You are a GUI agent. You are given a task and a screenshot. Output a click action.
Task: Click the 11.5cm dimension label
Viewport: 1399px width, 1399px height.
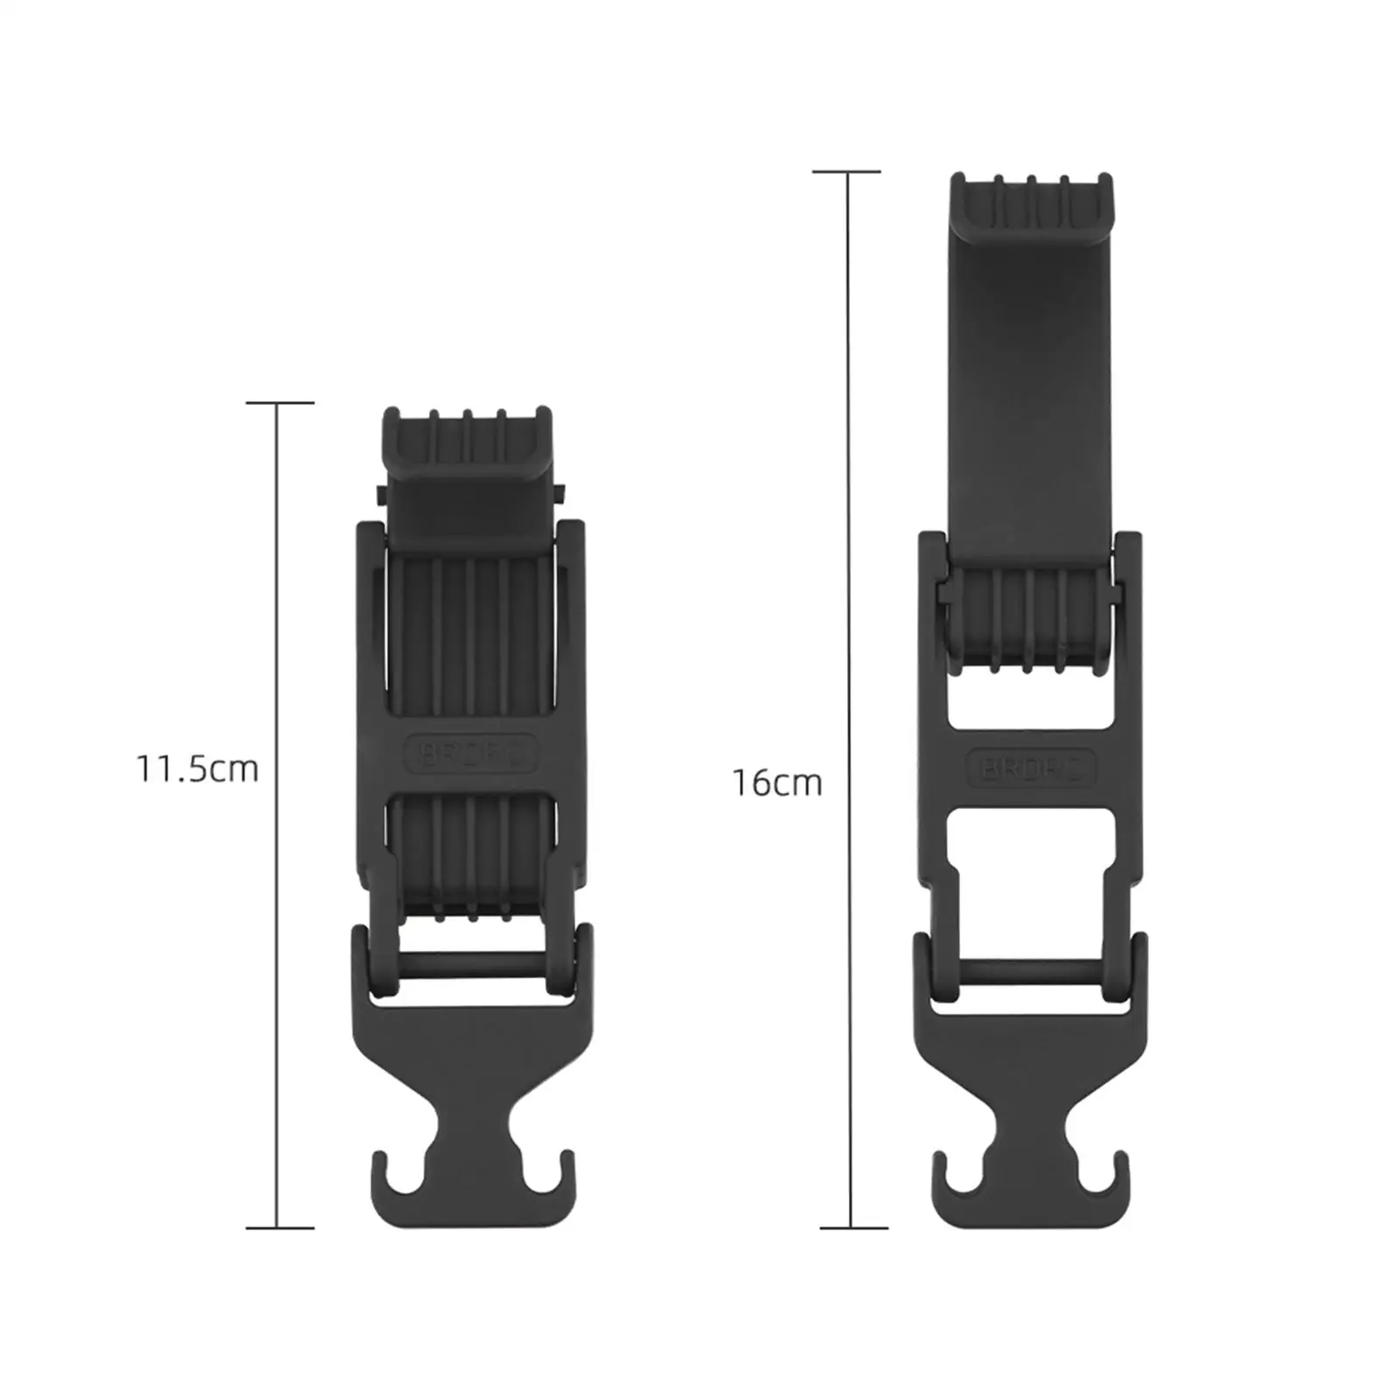tap(198, 769)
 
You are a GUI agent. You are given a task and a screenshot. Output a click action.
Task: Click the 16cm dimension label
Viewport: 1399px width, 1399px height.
tap(777, 783)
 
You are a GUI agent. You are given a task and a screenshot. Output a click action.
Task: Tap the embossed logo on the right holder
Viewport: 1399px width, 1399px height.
tap(1029, 769)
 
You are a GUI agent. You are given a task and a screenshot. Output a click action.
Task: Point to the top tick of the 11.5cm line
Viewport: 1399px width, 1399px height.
tap(279, 403)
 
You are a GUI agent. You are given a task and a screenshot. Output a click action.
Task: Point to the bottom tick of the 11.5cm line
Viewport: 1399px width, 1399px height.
tap(279, 1228)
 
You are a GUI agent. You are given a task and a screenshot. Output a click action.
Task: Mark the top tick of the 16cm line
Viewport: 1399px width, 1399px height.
tap(846, 172)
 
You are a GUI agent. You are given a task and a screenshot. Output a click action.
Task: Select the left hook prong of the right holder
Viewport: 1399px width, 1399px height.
tap(942, 1172)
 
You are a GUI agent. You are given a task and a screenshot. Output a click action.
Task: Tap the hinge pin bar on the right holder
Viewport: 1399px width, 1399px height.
tap(1029, 971)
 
